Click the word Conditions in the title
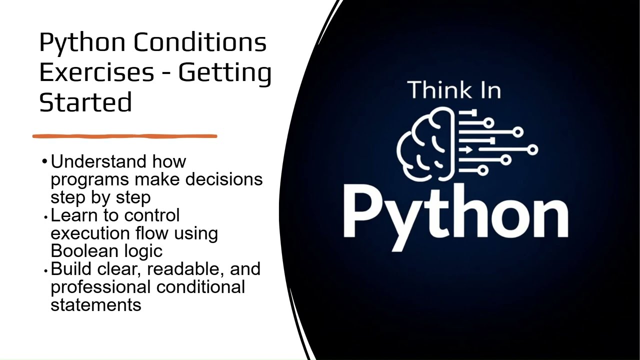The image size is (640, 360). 200,42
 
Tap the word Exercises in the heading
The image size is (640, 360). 96,72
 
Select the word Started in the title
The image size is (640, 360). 85,102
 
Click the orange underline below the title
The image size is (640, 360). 125,136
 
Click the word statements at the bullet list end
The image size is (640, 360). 95,304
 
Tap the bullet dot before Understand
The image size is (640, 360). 45,161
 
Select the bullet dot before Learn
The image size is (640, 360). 45,217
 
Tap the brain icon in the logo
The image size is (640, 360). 426,144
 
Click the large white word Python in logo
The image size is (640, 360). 455,212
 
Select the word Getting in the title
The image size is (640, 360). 224,72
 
